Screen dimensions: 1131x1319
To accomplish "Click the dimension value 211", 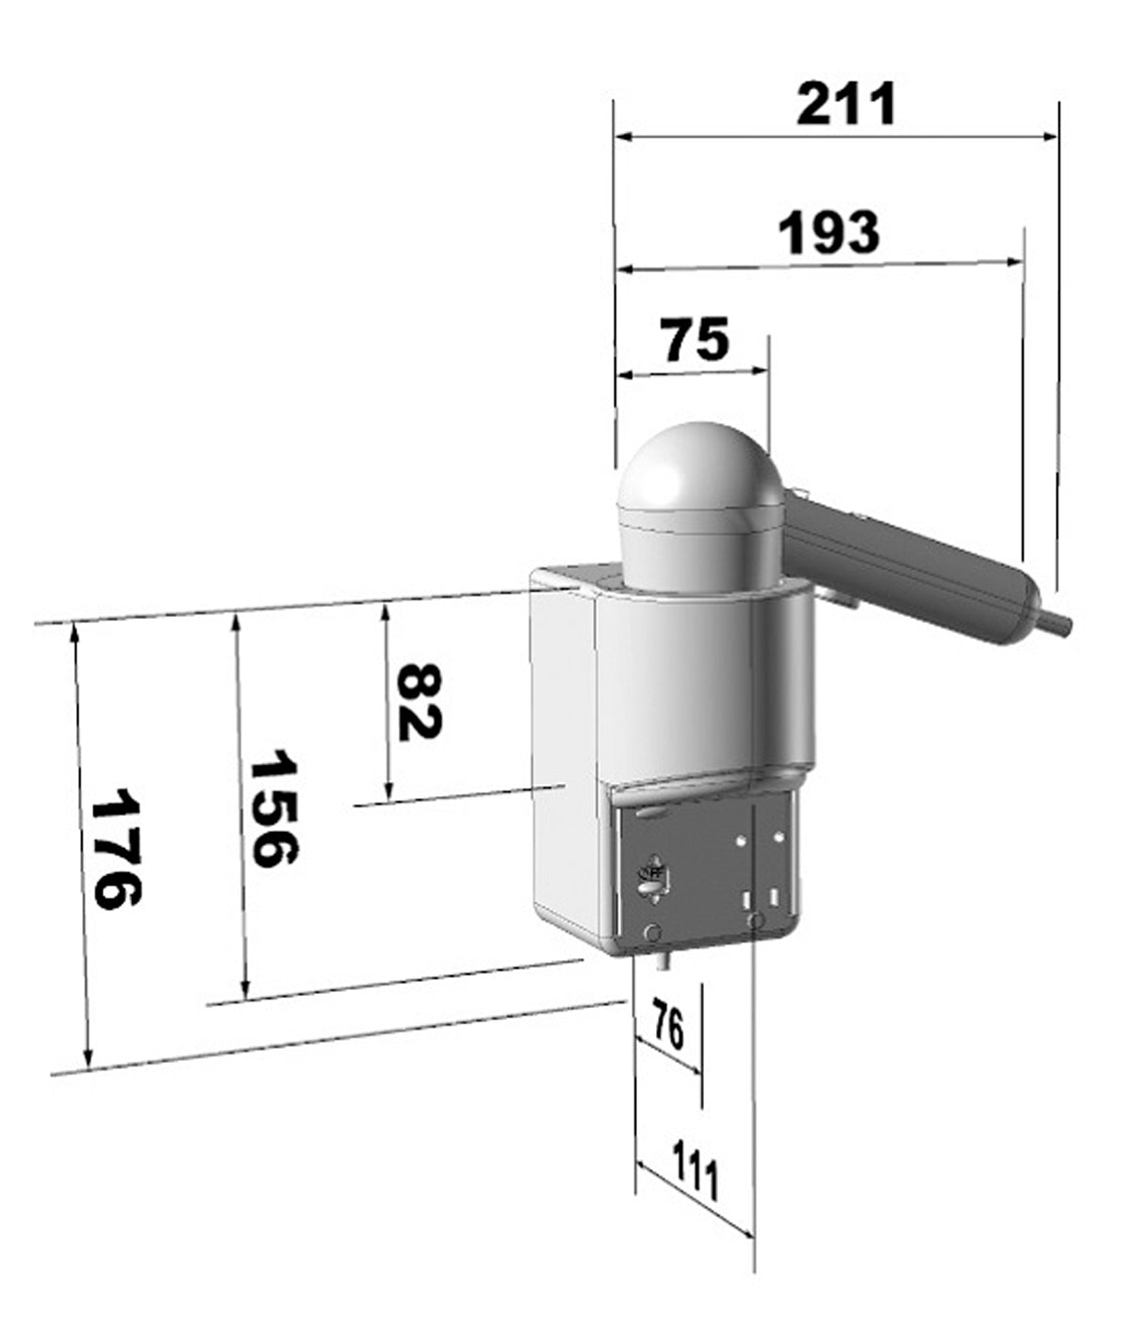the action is pos(846,104).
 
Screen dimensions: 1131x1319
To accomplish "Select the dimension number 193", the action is pos(829,233).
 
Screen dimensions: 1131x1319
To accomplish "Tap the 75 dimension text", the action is pos(695,339).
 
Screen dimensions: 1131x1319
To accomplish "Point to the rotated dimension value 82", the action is pos(418,701).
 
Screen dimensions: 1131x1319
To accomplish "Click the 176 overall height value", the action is pos(116,848).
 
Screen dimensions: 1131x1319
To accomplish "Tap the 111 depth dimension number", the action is pos(695,1170).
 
